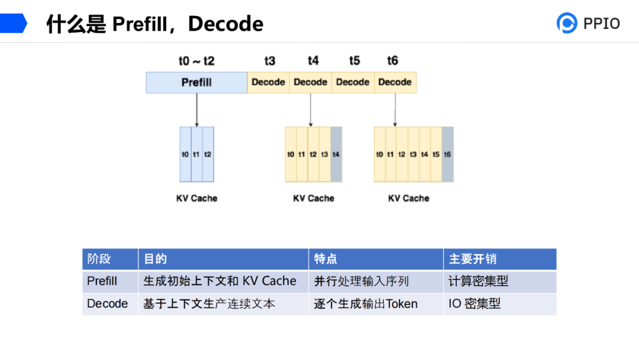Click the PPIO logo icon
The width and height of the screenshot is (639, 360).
click(x=567, y=22)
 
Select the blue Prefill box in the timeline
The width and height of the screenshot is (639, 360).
click(x=196, y=82)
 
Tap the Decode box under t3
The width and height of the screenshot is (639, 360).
click(x=268, y=82)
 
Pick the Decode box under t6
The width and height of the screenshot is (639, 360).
click(x=395, y=82)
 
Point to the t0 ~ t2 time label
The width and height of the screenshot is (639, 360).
click(x=196, y=61)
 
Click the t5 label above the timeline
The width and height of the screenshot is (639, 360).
click(x=354, y=61)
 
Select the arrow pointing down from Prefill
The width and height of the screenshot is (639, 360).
click(x=196, y=110)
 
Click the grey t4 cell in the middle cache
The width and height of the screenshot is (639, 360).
click(x=336, y=154)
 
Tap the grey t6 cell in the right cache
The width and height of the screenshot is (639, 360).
click(x=447, y=154)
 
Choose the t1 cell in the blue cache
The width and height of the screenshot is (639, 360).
click(x=196, y=154)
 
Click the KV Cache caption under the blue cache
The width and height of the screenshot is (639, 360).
click(x=196, y=198)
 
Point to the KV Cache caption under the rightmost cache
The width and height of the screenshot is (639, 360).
click(x=408, y=198)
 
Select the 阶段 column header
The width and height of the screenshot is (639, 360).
click(x=99, y=259)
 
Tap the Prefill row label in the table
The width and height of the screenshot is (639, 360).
click(x=102, y=281)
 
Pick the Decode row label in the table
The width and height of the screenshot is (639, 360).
click(x=107, y=304)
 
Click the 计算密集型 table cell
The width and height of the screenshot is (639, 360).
click(x=478, y=281)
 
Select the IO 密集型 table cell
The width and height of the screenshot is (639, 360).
click(x=475, y=304)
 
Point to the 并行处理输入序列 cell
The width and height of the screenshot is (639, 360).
click(x=361, y=281)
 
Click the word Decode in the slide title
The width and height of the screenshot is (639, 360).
click(x=225, y=24)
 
